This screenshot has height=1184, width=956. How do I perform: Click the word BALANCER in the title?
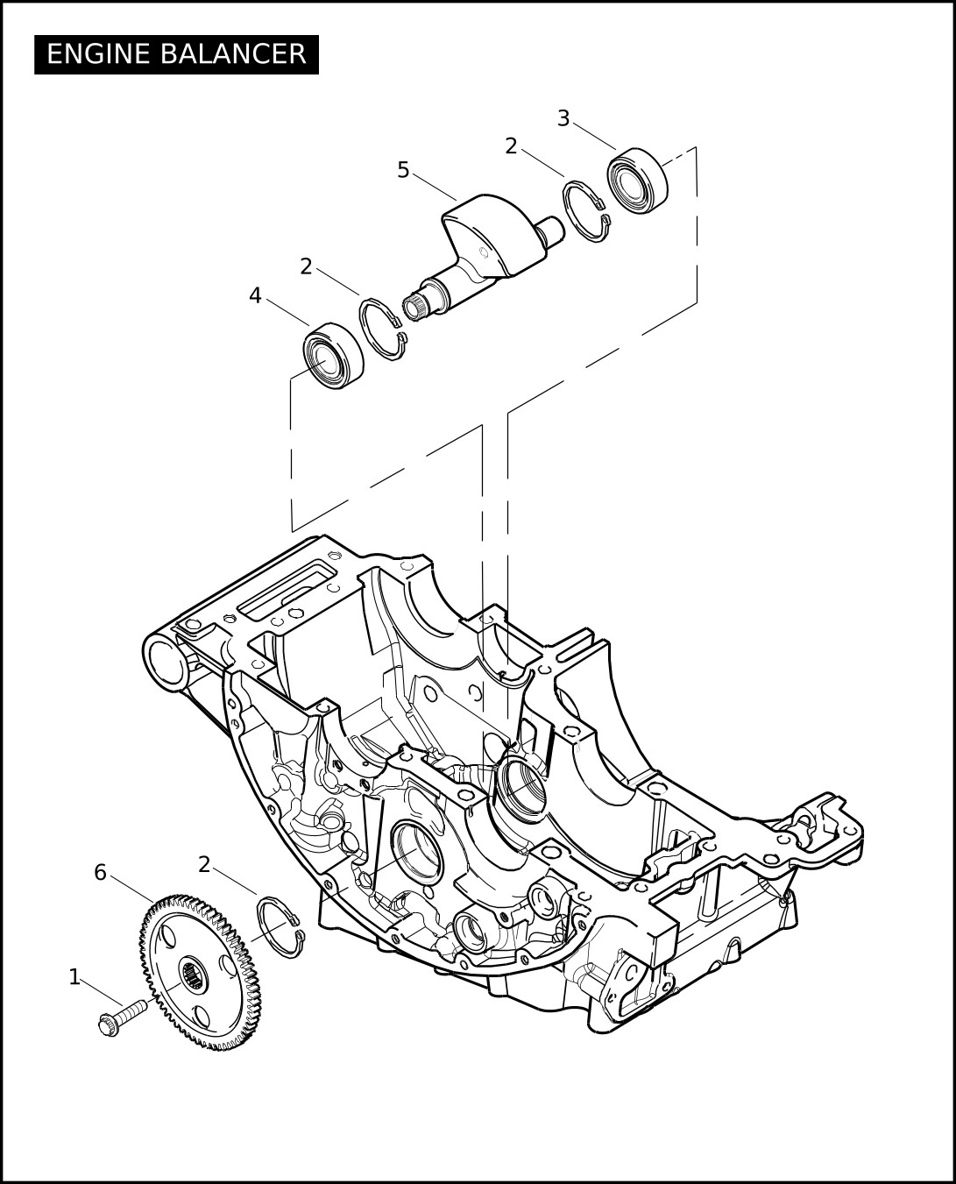click(x=233, y=54)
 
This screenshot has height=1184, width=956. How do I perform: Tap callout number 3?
click(x=563, y=118)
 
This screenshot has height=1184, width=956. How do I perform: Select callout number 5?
click(x=403, y=170)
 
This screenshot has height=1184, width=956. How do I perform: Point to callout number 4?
click(x=255, y=295)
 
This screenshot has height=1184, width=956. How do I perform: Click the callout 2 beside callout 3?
click(x=511, y=146)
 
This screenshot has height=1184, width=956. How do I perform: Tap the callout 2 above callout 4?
click(x=306, y=266)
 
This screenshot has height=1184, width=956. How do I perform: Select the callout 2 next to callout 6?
click(x=204, y=864)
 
